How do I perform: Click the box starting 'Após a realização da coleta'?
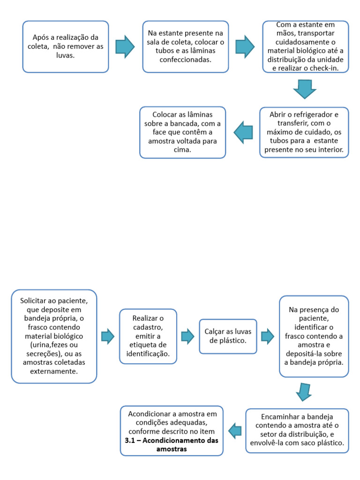(x=66, y=46)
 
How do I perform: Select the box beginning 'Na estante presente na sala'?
(x=186, y=46)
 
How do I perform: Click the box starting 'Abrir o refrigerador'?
(x=304, y=132)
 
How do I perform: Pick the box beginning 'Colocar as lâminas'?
(x=182, y=132)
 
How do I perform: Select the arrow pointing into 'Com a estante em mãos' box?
(x=245, y=46)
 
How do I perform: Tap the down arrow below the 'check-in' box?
(x=305, y=89)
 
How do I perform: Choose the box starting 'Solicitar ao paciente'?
(x=54, y=336)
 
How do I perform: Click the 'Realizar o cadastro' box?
(x=148, y=336)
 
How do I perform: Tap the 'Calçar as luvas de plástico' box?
(x=228, y=336)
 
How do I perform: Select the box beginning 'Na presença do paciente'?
(x=314, y=336)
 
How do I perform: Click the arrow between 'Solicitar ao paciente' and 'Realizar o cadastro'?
(x=108, y=336)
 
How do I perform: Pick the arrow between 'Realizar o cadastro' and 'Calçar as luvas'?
(x=188, y=336)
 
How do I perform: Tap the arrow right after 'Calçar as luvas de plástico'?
(x=268, y=336)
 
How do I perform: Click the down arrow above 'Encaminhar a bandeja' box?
(x=304, y=392)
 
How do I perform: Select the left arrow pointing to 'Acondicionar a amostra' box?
(x=235, y=430)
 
